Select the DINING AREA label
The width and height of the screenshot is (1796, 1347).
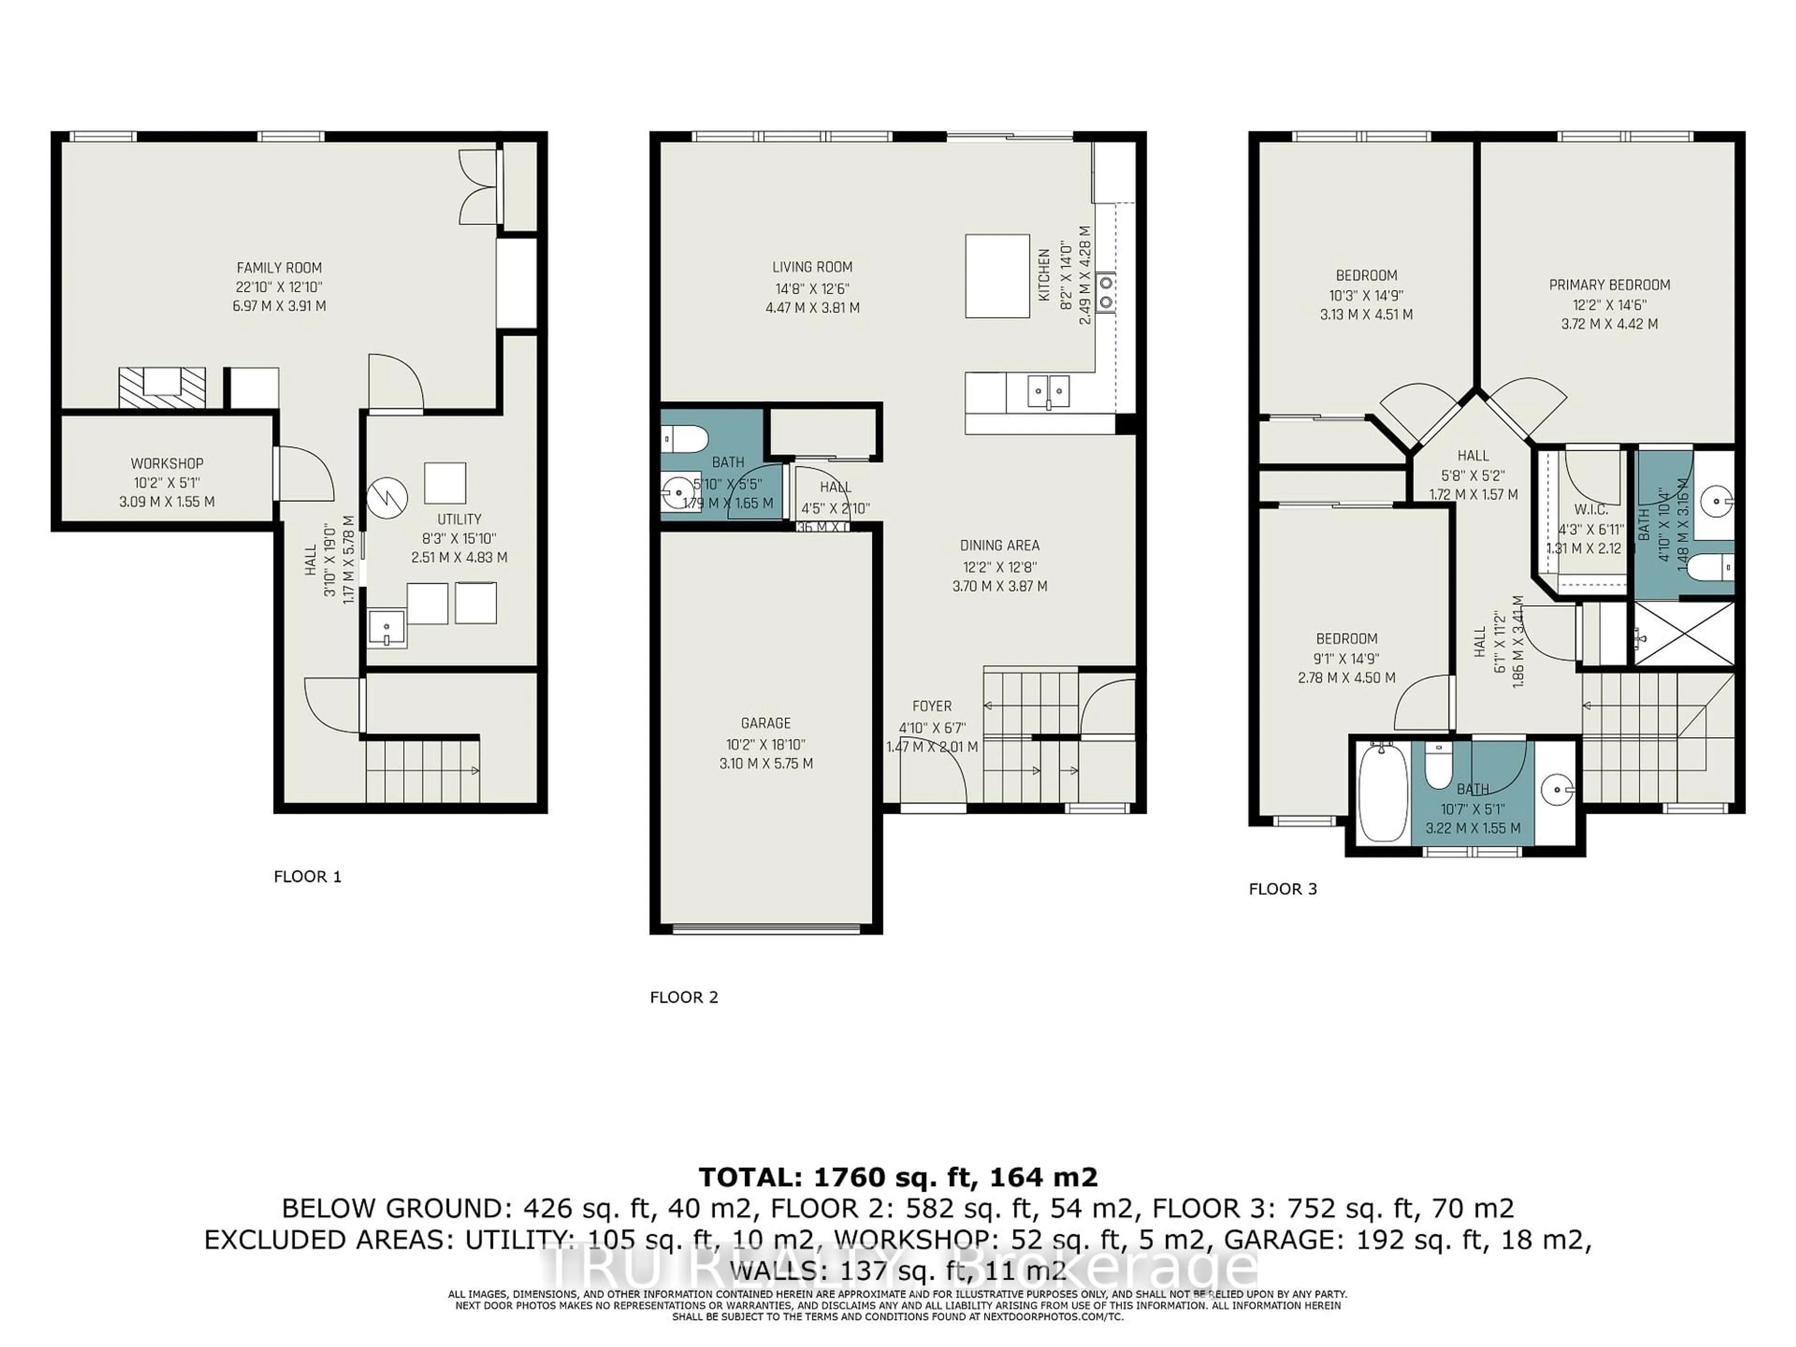tap(999, 546)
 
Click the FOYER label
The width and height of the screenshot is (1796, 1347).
tap(931, 706)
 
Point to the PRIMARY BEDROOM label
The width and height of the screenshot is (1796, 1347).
tap(1609, 285)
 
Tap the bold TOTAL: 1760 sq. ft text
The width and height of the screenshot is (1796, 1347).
tap(897, 1177)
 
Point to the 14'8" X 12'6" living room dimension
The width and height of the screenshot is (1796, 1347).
tap(812, 288)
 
